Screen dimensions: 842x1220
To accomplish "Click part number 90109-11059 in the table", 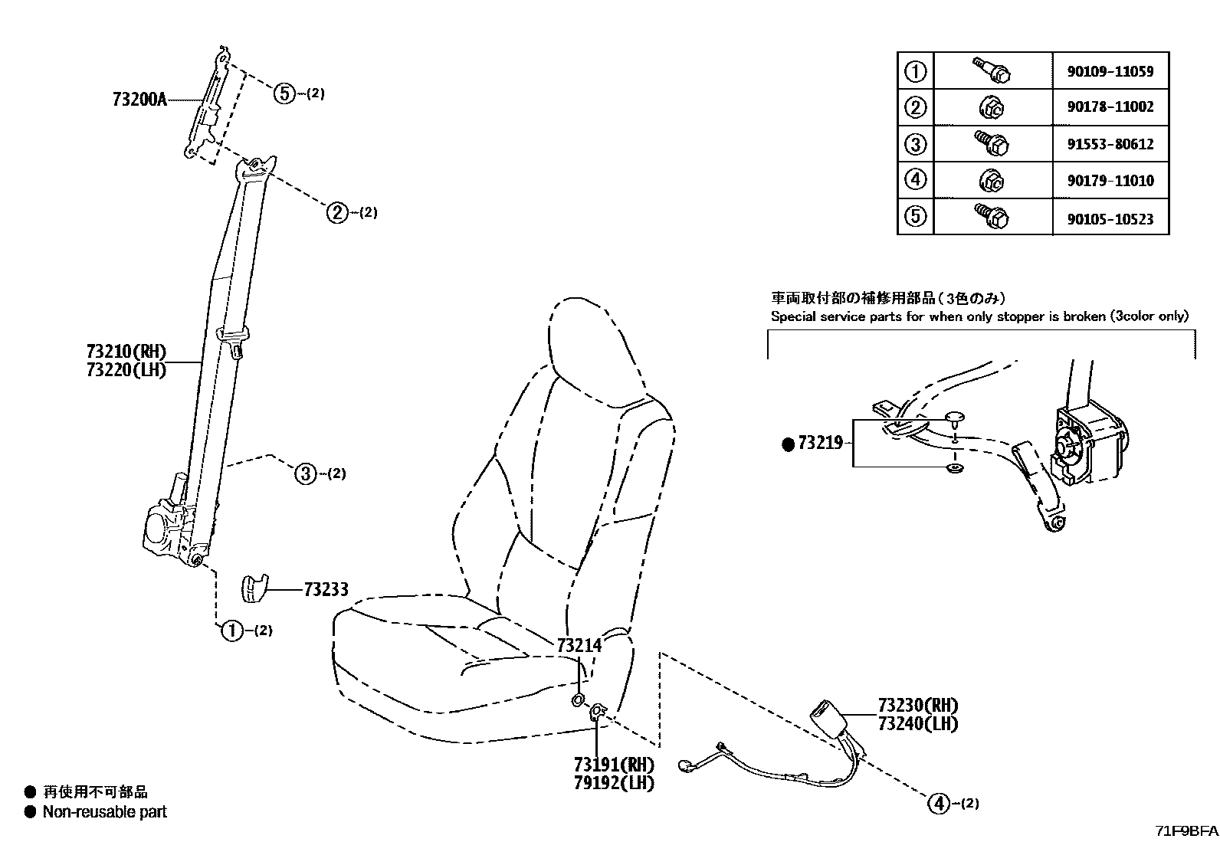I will click(x=1110, y=72).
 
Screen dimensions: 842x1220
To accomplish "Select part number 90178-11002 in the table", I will click(x=1110, y=107).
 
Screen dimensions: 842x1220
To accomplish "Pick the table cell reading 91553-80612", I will click(x=1110, y=144).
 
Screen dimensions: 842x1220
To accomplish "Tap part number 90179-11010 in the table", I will click(x=1110, y=182).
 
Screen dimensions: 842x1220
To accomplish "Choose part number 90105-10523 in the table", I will click(x=1110, y=219).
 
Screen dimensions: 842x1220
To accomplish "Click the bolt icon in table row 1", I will click(x=992, y=70).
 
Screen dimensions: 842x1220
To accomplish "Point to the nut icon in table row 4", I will click(x=992, y=181).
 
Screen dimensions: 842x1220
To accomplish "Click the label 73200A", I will click(x=139, y=100).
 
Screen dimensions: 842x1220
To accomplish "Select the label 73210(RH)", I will click(x=126, y=352).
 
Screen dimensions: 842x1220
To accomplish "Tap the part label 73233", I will click(x=326, y=589).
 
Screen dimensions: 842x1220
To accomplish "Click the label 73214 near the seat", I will click(x=579, y=646).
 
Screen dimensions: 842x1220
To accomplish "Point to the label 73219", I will click(x=820, y=443).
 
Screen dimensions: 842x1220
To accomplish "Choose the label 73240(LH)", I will click(x=917, y=723).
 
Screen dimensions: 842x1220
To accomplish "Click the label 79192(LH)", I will click(x=614, y=783).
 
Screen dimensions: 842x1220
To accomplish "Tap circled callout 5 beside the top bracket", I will click(x=284, y=94).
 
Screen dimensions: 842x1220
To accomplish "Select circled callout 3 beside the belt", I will click(x=306, y=474).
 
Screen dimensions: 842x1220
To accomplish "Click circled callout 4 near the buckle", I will click(x=937, y=804).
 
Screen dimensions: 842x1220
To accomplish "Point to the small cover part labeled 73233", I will click(x=254, y=588).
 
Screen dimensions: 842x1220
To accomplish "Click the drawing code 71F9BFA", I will click(x=1186, y=831).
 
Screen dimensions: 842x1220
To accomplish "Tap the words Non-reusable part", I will click(x=104, y=812).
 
